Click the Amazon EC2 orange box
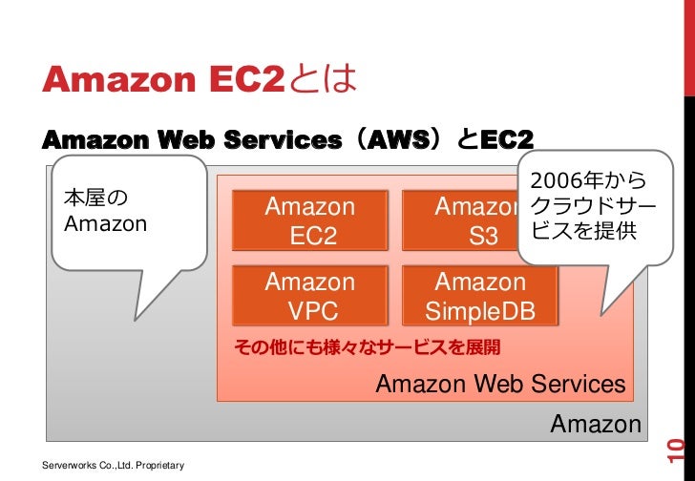(309, 221)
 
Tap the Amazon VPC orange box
(309, 297)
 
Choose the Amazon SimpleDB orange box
(480, 297)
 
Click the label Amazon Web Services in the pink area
(501, 385)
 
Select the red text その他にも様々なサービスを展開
(368, 346)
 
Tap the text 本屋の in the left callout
(95, 199)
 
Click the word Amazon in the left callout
(105, 224)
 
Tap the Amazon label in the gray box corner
(596, 424)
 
